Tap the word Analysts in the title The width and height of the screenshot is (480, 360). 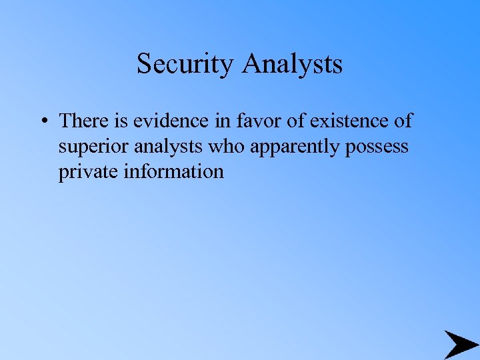(293, 64)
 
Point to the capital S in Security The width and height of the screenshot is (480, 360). (143, 64)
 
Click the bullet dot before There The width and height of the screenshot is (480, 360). (43, 121)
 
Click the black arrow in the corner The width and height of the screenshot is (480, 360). (460, 344)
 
